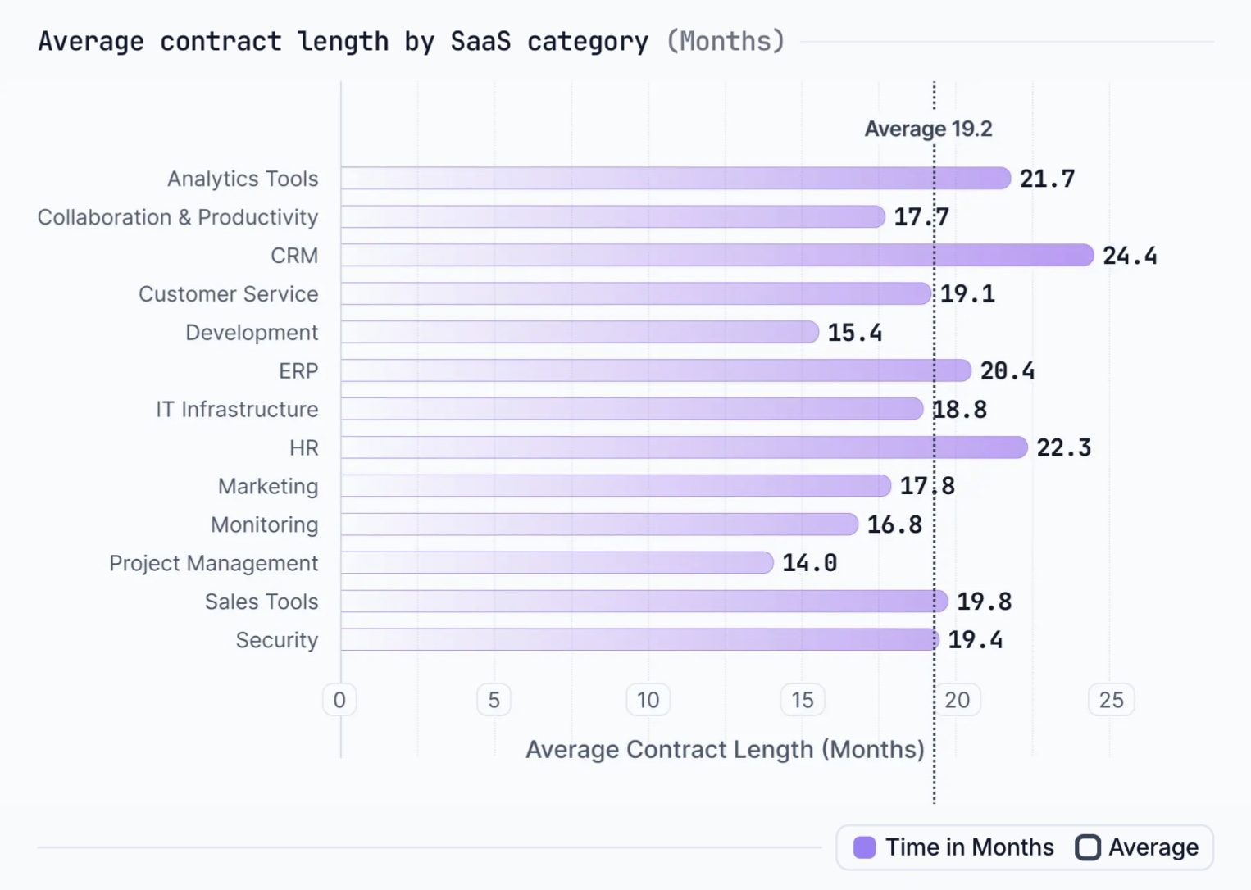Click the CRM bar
pos(717,255)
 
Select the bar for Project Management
pos(557,562)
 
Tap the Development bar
pos(580,332)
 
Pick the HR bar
pos(684,447)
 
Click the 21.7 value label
pos(1047,179)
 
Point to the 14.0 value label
pos(809,563)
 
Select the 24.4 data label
pos(1130,256)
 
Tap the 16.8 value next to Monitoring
pos(894,524)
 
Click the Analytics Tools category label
pos(243,179)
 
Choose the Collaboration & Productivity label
pos(178,217)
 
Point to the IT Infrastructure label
pos(237,409)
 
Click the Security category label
pos(276,640)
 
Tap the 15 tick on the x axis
pos(802,700)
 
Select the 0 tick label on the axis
pos(339,700)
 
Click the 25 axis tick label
pos(1111,700)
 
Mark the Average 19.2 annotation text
pos(928,129)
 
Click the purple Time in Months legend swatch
pos(864,847)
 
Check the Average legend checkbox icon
pos(1088,847)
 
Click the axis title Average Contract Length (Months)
pos(725,749)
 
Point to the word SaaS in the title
pos(480,41)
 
